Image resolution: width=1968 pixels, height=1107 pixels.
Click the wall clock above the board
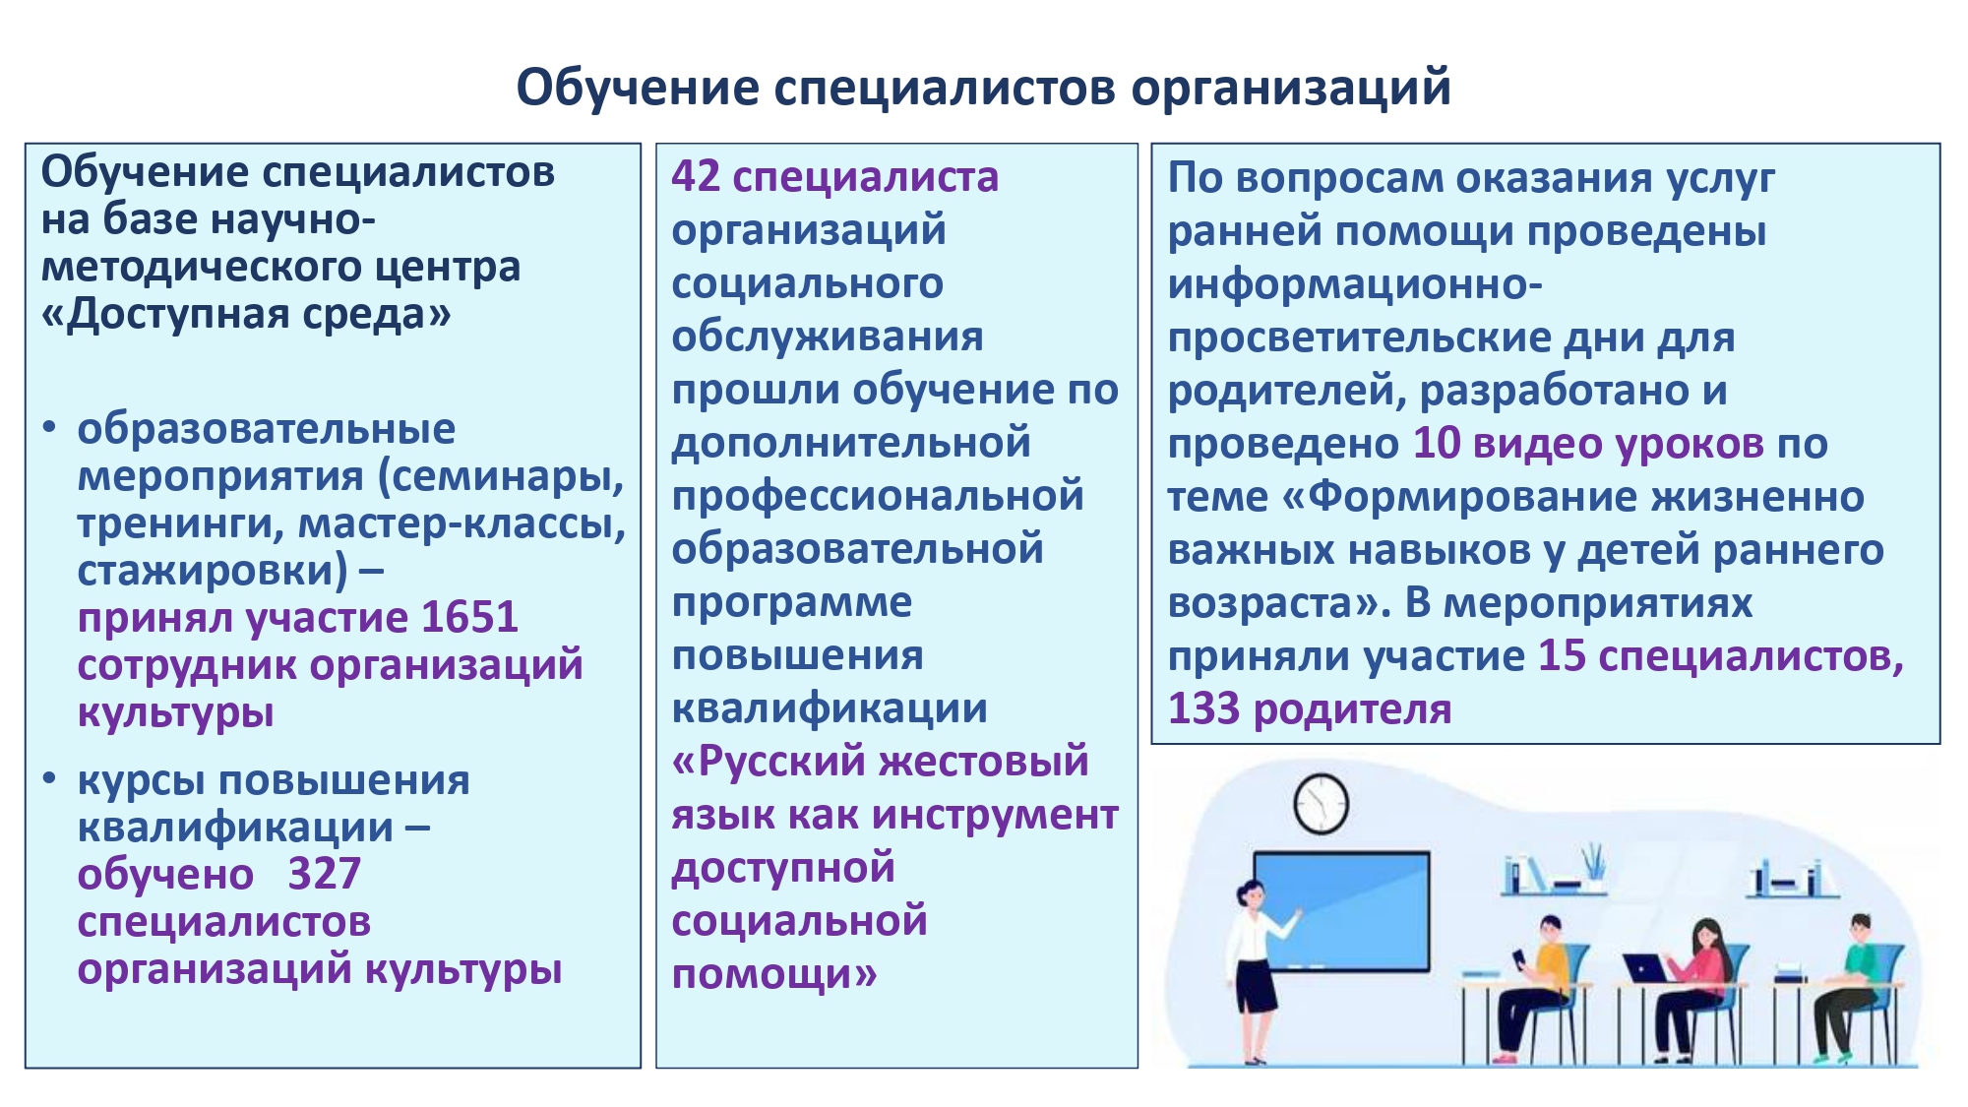(1321, 803)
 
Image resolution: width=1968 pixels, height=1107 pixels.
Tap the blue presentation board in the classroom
(1343, 911)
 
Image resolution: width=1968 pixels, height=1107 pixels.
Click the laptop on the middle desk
(1646, 968)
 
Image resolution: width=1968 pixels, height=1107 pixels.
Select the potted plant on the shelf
(1593, 865)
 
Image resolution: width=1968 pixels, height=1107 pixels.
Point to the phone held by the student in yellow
(1519, 957)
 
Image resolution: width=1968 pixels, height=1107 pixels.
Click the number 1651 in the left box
(469, 618)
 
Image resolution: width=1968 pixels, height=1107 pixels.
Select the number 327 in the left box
(325, 874)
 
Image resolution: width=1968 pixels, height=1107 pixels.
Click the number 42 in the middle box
(696, 177)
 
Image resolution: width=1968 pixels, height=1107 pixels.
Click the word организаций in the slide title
(1291, 90)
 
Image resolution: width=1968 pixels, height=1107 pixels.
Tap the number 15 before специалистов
(1563, 656)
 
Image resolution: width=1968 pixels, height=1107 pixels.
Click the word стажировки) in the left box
(213, 571)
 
